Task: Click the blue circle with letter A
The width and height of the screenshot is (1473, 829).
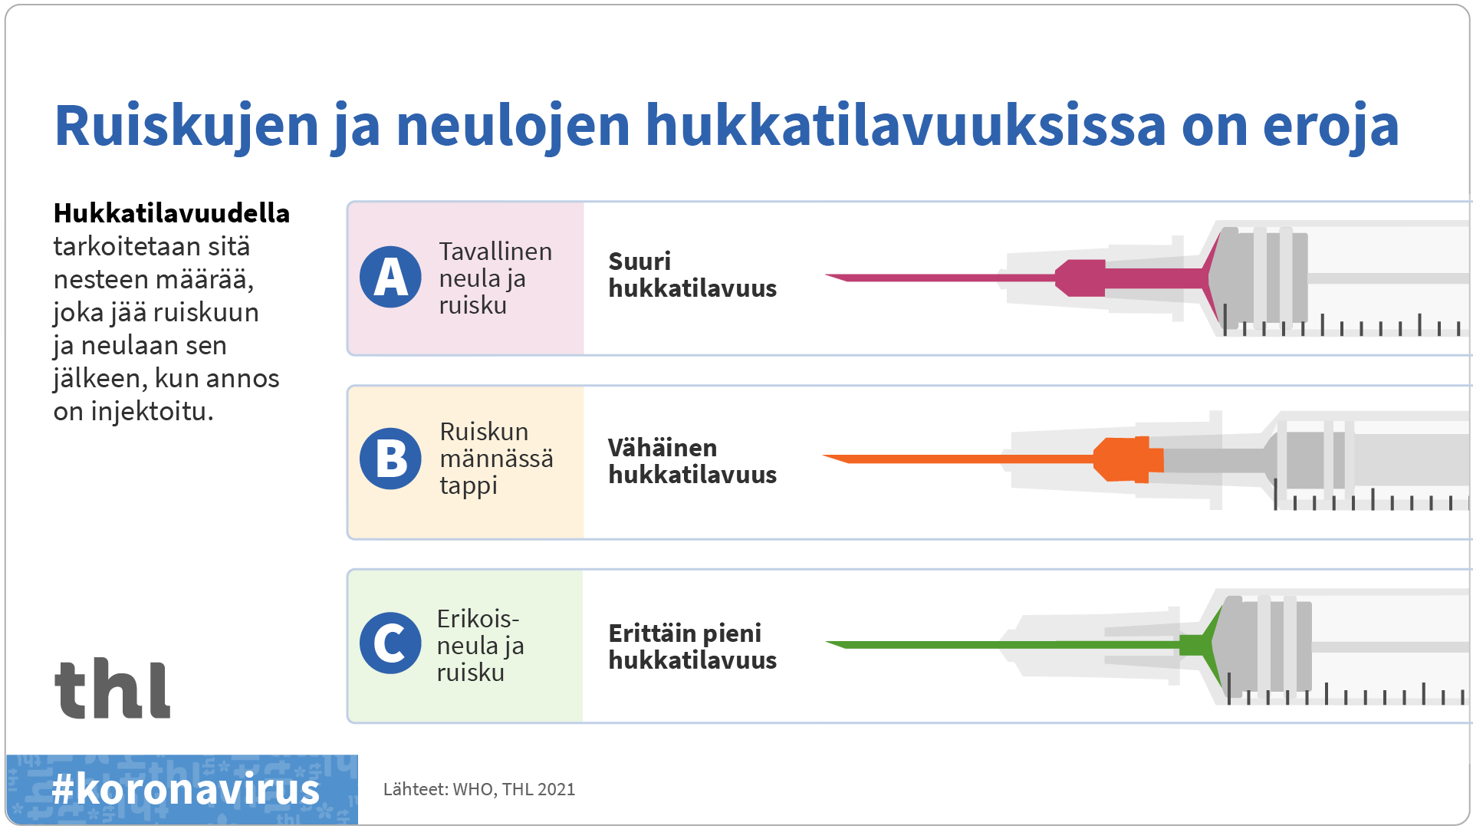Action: pyautogui.click(x=390, y=277)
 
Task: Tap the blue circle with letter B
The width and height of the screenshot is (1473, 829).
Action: pyautogui.click(x=390, y=459)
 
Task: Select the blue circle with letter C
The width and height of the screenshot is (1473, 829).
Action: pyautogui.click(x=390, y=643)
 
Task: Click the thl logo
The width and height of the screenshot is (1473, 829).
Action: pyautogui.click(x=113, y=689)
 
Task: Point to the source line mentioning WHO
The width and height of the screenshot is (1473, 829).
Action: pyautogui.click(x=478, y=789)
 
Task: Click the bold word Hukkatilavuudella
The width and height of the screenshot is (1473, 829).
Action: pyautogui.click(x=171, y=213)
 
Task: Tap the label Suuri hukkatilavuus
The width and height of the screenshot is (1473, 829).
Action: pyautogui.click(x=692, y=275)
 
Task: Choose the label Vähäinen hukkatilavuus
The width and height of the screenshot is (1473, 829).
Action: pyautogui.click(x=692, y=461)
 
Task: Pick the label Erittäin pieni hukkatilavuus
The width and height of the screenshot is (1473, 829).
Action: pyautogui.click(x=692, y=646)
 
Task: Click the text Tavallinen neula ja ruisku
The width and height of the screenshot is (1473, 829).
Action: pyautogui.click(x=495, y=278)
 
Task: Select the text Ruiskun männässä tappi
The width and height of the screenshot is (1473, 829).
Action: pyautogui.click(x=495, y=459)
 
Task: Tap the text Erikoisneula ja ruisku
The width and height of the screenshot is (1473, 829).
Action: pyautogui.click(x=479, y=645)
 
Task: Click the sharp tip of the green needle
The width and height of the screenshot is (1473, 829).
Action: pyautogui.click(x=829, y=643)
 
